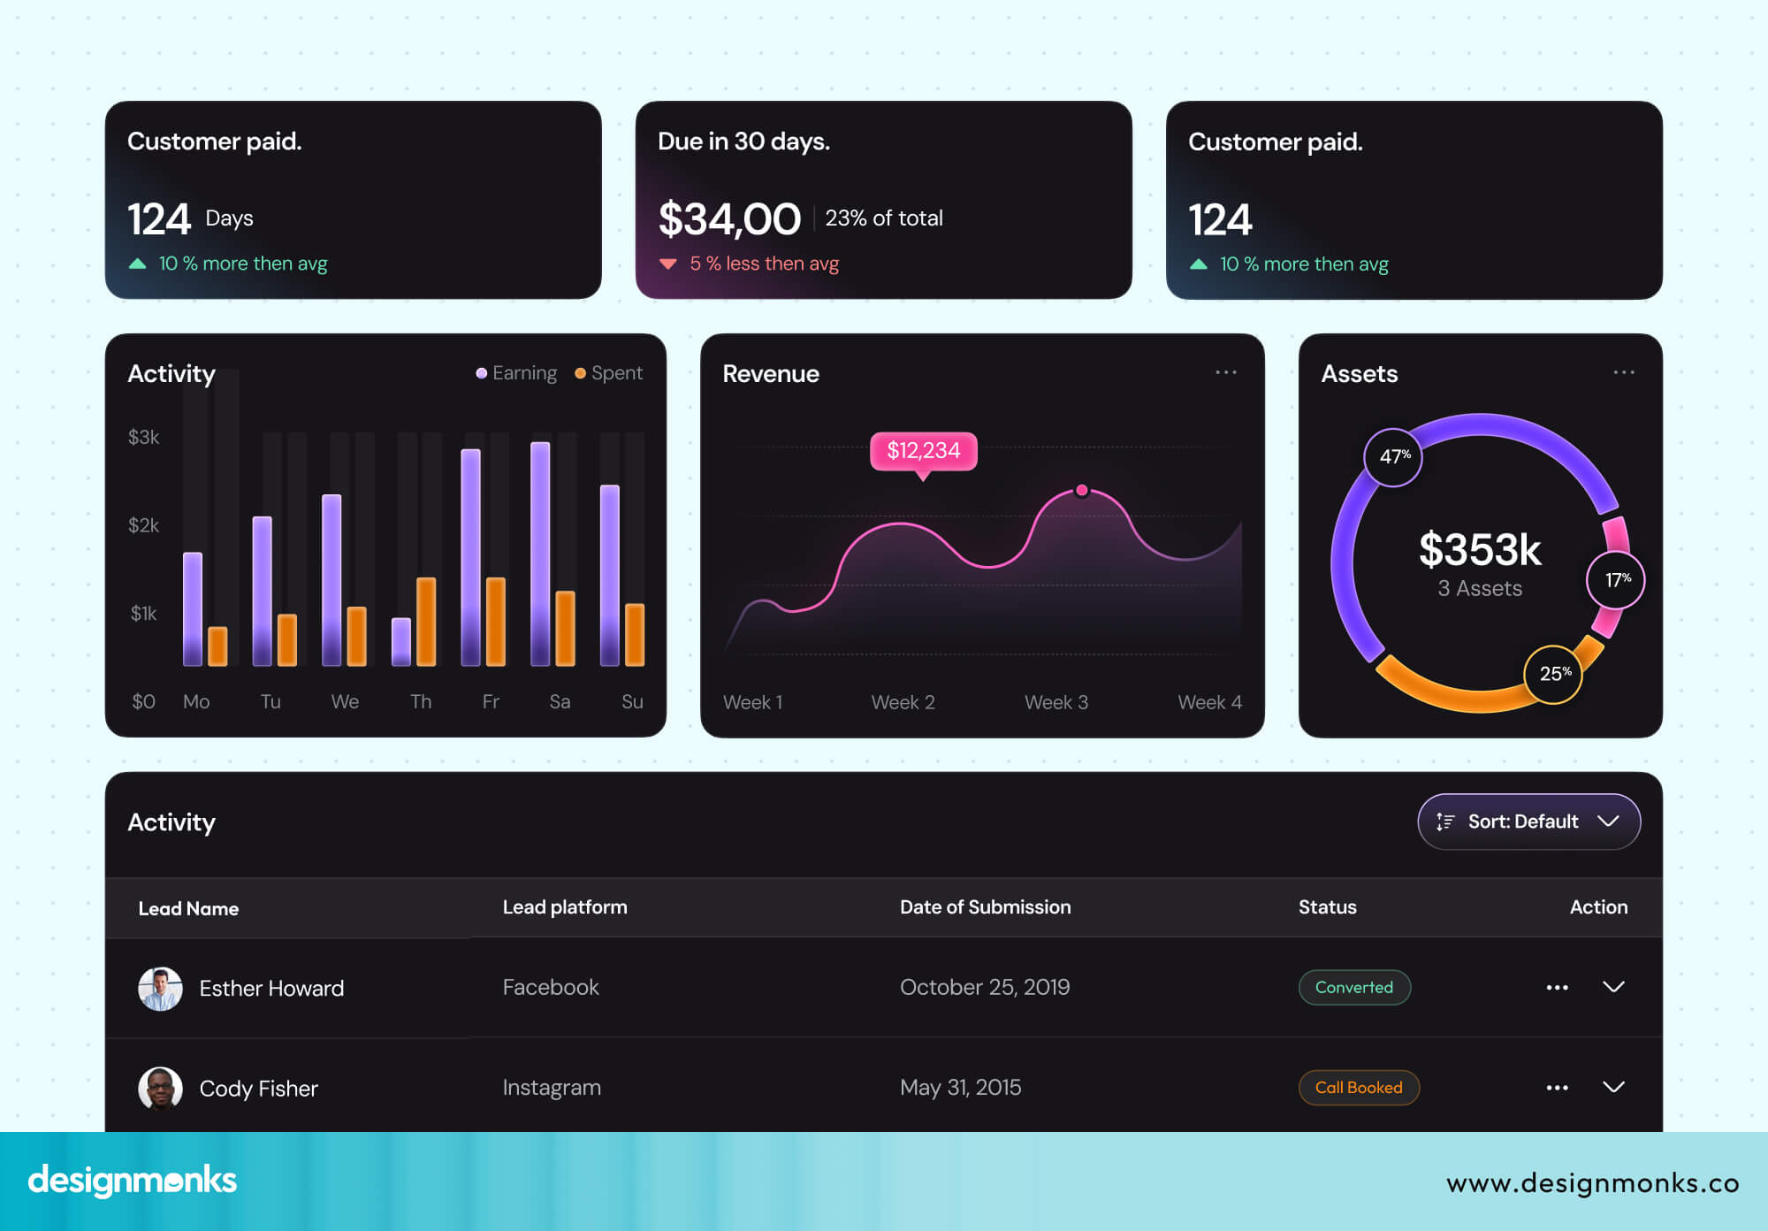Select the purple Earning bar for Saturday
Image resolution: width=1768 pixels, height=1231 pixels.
click(x=540, y=553)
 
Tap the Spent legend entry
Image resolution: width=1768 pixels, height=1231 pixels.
click(x=609, y=373)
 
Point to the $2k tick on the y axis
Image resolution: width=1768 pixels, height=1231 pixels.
click(x=143, y=525)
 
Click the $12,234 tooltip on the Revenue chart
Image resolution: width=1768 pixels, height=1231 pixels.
click(x=923, y=451)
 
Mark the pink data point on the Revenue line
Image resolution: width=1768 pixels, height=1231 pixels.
click(x=1081, y=490)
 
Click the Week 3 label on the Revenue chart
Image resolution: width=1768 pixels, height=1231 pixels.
click(x=1055, y=702)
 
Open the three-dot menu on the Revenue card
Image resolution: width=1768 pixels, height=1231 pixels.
click(x=1225, y=372)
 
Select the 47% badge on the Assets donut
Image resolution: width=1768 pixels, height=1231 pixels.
click(x=1394, y=456)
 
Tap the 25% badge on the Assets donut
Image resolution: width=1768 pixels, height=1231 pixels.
click(x=1554, y=674)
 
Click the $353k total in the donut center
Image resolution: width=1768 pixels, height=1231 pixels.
click(x=1480, y=549)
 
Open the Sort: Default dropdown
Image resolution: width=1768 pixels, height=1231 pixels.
click(x=1528, y=822)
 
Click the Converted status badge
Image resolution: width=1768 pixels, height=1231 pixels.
click(x=1353, y=987)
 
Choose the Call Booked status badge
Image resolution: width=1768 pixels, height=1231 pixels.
click(x=1358, y=1088)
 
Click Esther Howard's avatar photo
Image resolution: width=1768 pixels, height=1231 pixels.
click(x=160, y=988)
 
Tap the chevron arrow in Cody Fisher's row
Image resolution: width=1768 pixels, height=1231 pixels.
click(x=1613, y=1087)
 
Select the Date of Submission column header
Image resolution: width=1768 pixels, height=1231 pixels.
click(x=985, y=907)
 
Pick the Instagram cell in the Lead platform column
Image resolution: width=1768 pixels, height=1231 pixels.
click(x=552, y=1088)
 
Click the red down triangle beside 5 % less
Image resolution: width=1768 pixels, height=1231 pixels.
click(x=668, y=264)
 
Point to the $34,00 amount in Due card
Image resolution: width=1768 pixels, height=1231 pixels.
click(x=729, y=219)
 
